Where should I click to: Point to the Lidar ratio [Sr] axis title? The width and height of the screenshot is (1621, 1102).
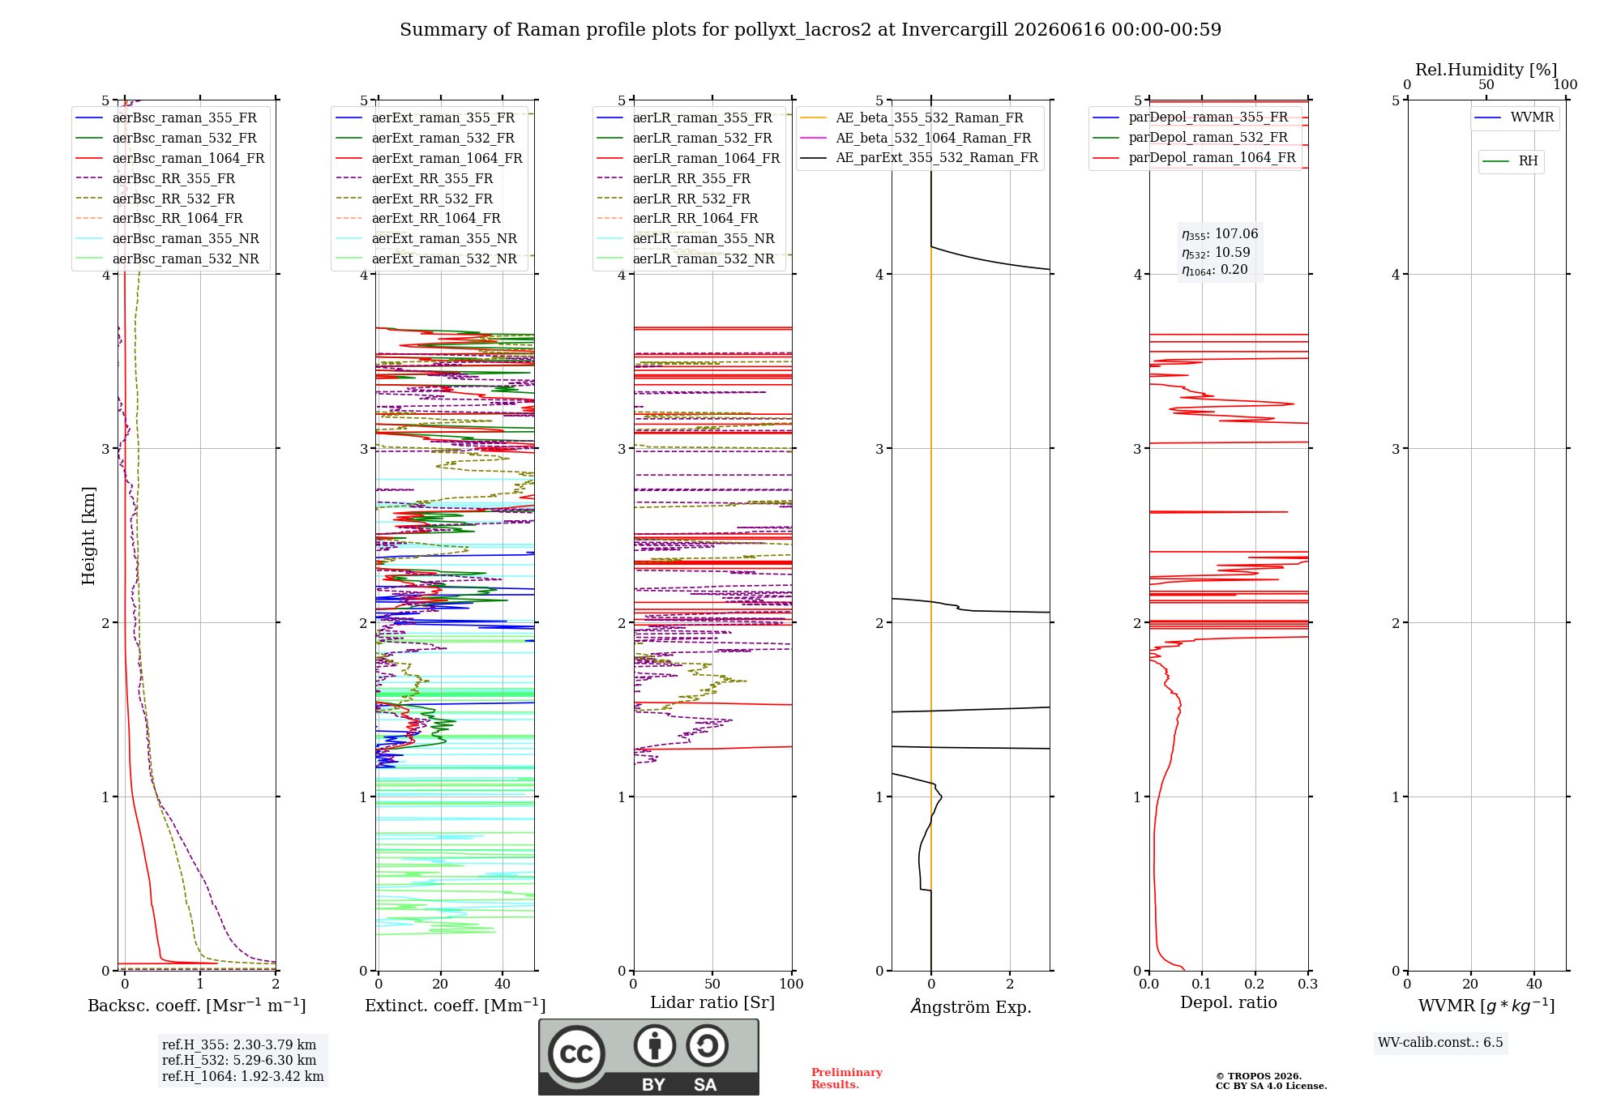coord(712,1002)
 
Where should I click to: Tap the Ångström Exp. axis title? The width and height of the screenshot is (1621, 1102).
coord(971,1006)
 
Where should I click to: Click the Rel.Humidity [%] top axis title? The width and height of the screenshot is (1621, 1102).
coord(1486,70)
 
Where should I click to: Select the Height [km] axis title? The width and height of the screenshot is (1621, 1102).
coord(88,536)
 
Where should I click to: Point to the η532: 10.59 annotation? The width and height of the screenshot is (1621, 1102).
coord(1216,253)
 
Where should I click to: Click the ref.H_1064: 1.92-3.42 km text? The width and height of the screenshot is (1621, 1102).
coord(243,1077)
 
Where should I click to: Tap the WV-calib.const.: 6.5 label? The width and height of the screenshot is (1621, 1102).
coord(1440,1043)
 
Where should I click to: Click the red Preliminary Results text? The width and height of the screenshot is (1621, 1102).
coord(847,1079)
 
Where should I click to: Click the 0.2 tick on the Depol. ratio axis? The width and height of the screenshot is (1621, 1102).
coord(1255,985)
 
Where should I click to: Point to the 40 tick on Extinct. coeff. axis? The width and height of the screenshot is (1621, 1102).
coord(503,985)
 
